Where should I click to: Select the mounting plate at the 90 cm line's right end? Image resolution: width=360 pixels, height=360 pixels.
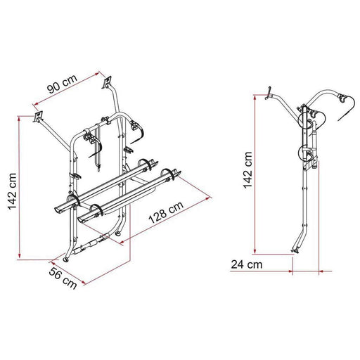[109, 82]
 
